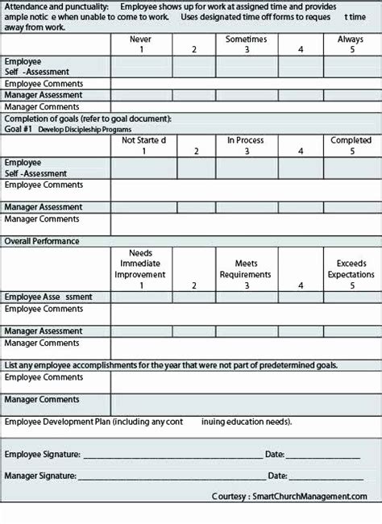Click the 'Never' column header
142,39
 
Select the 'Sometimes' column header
246,39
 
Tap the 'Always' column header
351,39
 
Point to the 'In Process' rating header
246,140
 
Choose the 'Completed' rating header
351,140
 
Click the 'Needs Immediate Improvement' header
141,264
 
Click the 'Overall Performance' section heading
42,241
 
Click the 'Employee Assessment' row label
48,297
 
